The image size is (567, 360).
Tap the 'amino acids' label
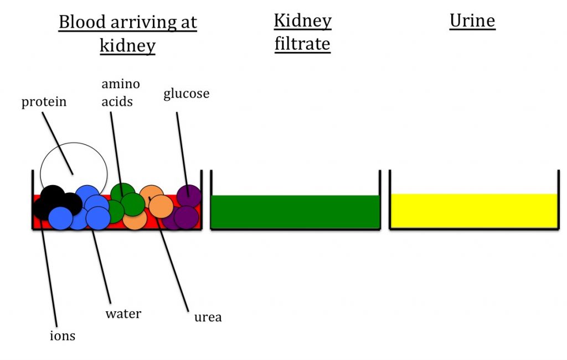point(120,92)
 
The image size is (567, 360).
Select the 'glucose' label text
point(186,94)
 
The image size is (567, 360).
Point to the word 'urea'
point(208,317)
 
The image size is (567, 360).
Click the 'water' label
point(123,314)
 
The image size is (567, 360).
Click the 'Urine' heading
point(472,21)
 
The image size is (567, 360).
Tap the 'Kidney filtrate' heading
point(302,32)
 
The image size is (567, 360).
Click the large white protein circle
point(74,161)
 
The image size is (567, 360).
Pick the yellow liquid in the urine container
point(473,210)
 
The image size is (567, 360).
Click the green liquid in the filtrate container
point(295,212)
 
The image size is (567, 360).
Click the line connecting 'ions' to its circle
point(48,271)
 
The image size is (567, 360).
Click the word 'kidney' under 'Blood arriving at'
point(127,45)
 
